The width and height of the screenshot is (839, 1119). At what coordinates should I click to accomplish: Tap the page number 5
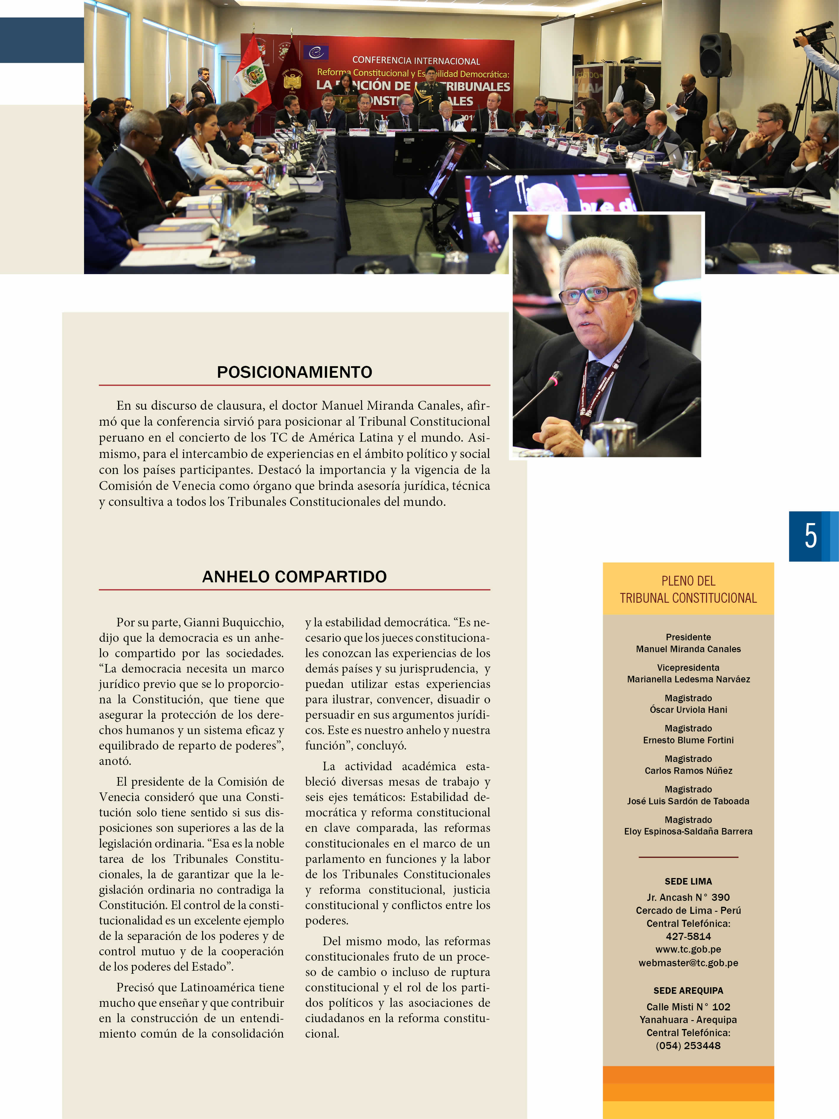[810, 536]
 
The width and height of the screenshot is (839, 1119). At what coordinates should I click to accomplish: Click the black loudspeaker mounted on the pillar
[715, 54]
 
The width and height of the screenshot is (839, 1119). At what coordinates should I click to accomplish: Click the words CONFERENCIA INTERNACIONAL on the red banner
[416, 61]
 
